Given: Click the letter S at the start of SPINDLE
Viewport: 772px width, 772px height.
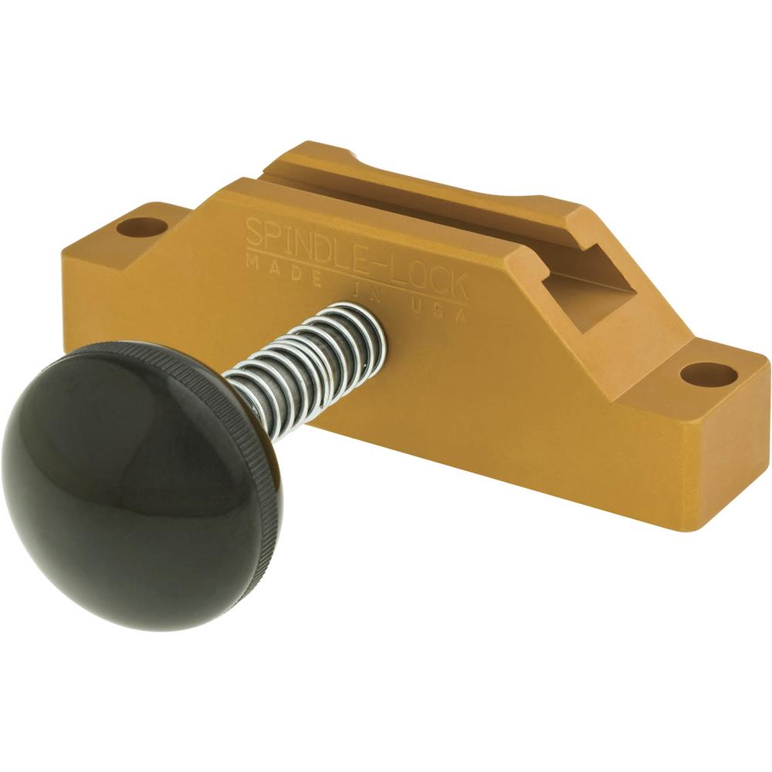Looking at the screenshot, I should [x=254, y=229].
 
